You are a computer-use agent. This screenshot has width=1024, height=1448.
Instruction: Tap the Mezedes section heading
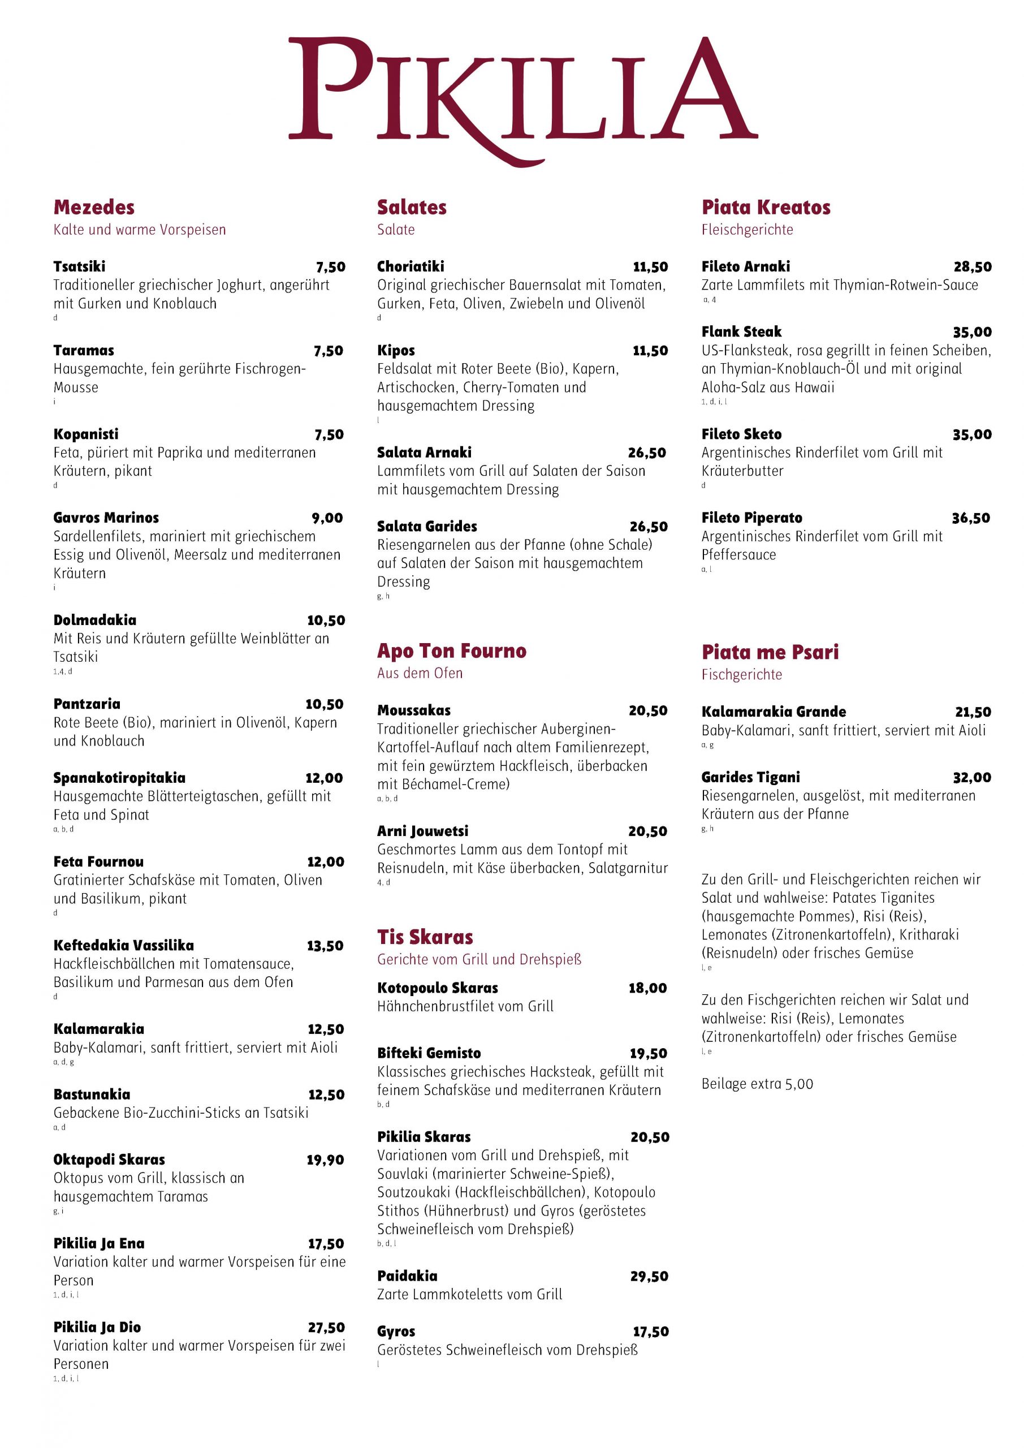click(x=94, y=208)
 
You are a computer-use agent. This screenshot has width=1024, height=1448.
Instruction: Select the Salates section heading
click(x=412, y=208)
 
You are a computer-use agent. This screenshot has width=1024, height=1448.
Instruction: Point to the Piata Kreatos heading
click(x=766, y=208)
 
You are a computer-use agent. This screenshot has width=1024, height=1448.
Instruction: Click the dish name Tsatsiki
click(x=80, y=266)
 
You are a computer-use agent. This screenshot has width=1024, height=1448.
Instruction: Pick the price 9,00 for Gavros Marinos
click(x=327, y=518)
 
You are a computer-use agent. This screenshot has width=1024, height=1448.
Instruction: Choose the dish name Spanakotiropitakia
click(x=119, y=778)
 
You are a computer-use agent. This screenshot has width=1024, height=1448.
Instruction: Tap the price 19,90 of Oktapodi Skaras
click(x=325, y=1160)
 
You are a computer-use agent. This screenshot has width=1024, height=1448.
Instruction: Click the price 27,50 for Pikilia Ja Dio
click(x=326, y=1328)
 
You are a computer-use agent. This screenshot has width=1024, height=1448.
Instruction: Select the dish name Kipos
click(x=396, y=350)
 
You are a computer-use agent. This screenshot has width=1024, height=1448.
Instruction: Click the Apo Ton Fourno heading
click(x=451, y=651)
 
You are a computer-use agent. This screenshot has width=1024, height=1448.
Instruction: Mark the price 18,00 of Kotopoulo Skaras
click(x=647, y=988)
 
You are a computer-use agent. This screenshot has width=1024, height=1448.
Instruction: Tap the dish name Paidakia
click(x=407, y=1276)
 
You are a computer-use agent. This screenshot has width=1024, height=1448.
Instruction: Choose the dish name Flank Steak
click(x=741, y=331)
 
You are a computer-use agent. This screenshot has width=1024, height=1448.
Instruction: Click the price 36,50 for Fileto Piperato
click(x=971, y=518)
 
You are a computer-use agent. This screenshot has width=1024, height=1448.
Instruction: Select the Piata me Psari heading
click(x=770, y=652)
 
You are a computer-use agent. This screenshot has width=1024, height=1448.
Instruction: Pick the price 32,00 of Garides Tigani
click(x=971, y=778)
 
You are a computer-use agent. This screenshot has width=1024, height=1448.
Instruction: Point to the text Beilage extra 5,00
click(x=757, y=1084)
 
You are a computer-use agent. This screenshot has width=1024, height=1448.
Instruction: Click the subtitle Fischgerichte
click(x=741, y=675)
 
